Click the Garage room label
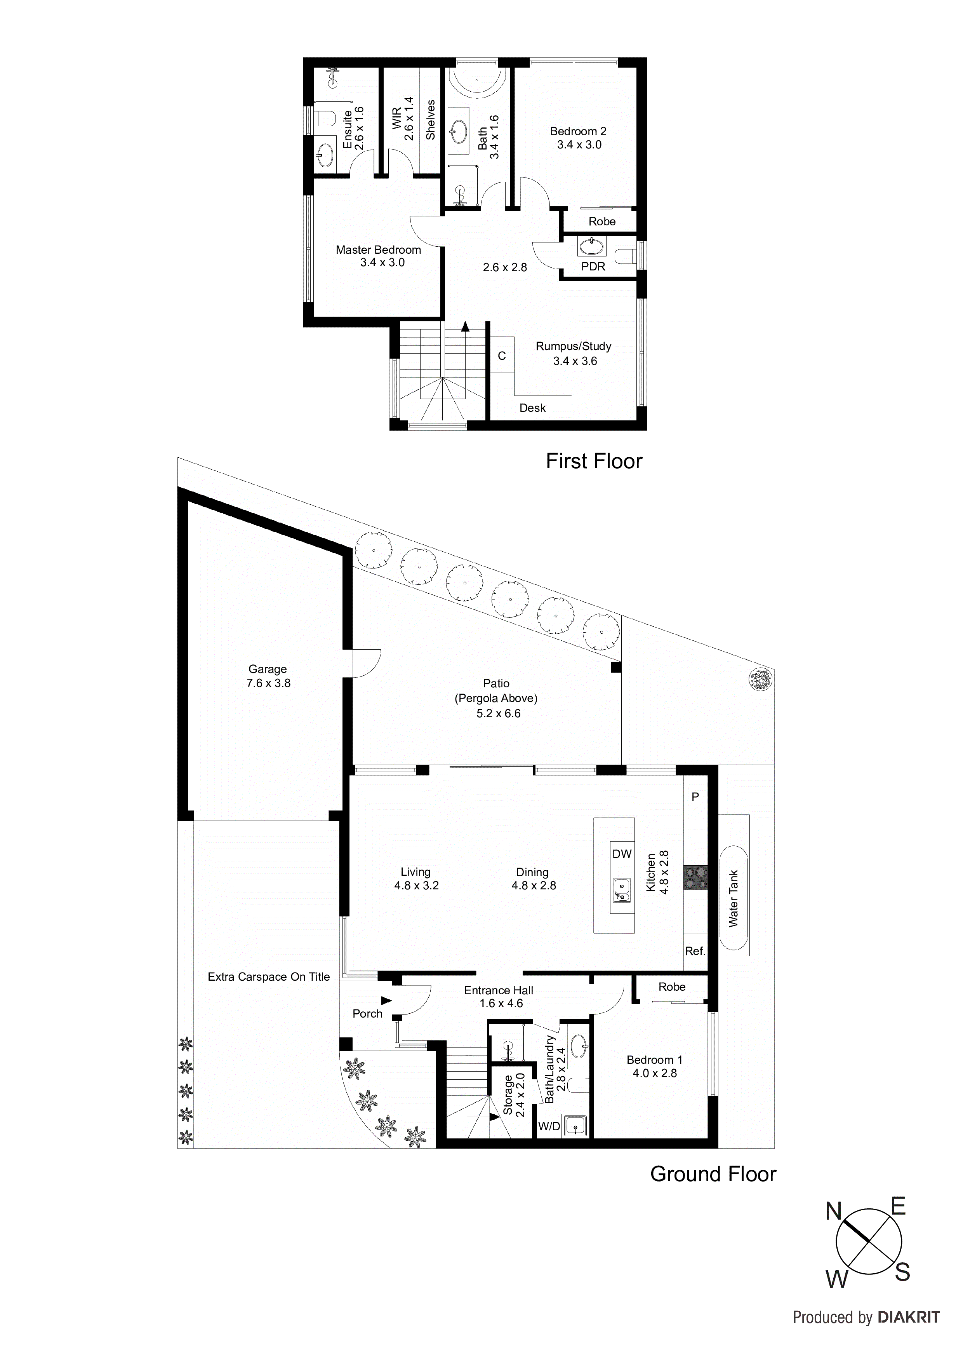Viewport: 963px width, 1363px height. (268, 669)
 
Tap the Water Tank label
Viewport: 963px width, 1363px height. (734, 899)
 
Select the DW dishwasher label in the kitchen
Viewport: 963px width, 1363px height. (622, 854)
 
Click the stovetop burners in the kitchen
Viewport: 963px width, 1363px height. (695, 877)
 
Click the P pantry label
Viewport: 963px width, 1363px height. (695, 797)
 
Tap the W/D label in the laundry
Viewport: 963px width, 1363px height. (549, 1126)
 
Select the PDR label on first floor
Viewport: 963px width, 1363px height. (593, 267)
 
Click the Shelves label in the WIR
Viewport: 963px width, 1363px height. (431, 120)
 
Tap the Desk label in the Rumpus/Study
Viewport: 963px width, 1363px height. (532, 408)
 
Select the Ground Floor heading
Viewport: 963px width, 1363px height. (713, 1174)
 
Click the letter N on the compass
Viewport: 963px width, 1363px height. (834, 1211)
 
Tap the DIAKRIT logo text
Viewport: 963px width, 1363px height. (908, 1317)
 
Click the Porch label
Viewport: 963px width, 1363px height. (367, 1013)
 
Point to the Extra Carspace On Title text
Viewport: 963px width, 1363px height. (268, 976)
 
